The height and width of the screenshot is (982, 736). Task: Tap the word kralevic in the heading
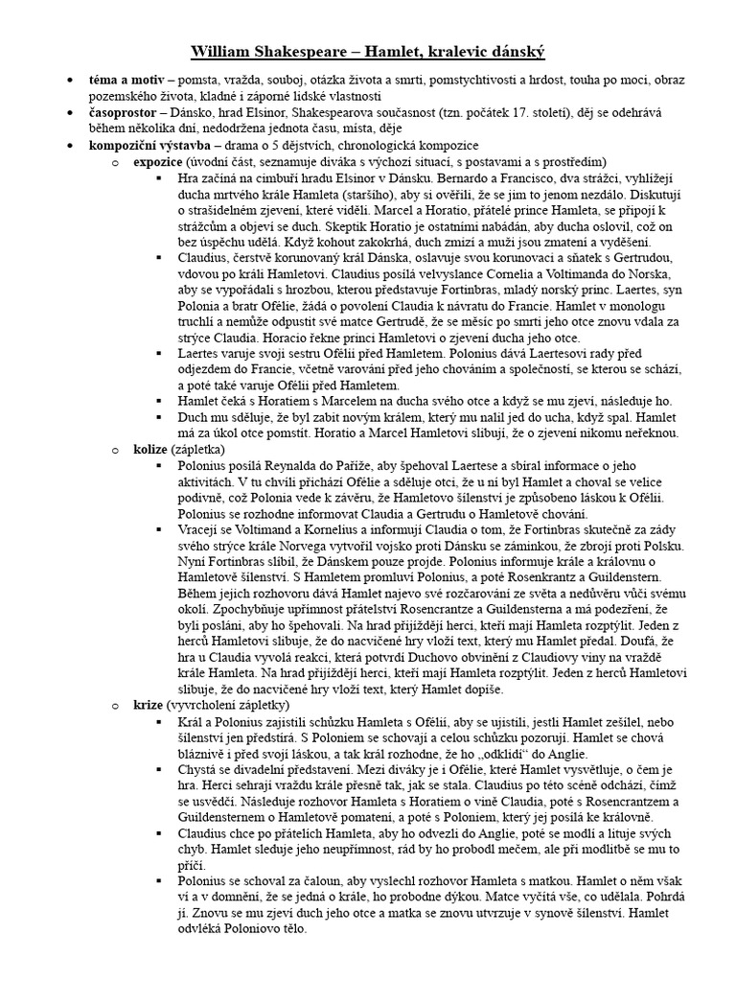(x=436, y=50)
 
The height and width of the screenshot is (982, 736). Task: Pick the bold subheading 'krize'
(x=148, y=705)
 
